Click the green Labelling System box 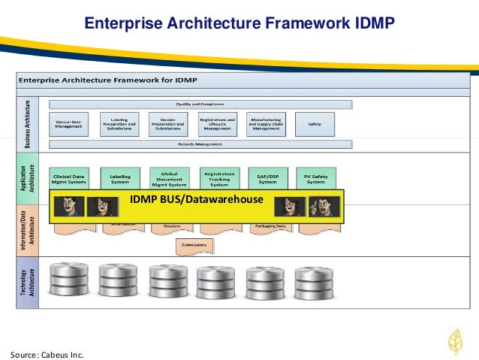click(119, 179)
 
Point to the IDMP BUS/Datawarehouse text click(197, 199)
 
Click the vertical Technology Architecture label click(28, 285)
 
